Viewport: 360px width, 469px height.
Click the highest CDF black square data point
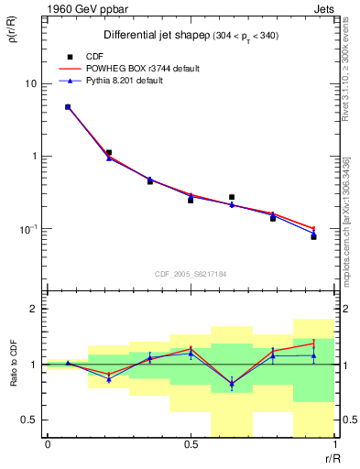(x=68, y=107)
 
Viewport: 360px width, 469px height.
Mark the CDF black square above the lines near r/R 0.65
(x=232, y=197)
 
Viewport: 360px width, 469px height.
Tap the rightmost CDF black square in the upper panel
(x=313, y=236)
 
